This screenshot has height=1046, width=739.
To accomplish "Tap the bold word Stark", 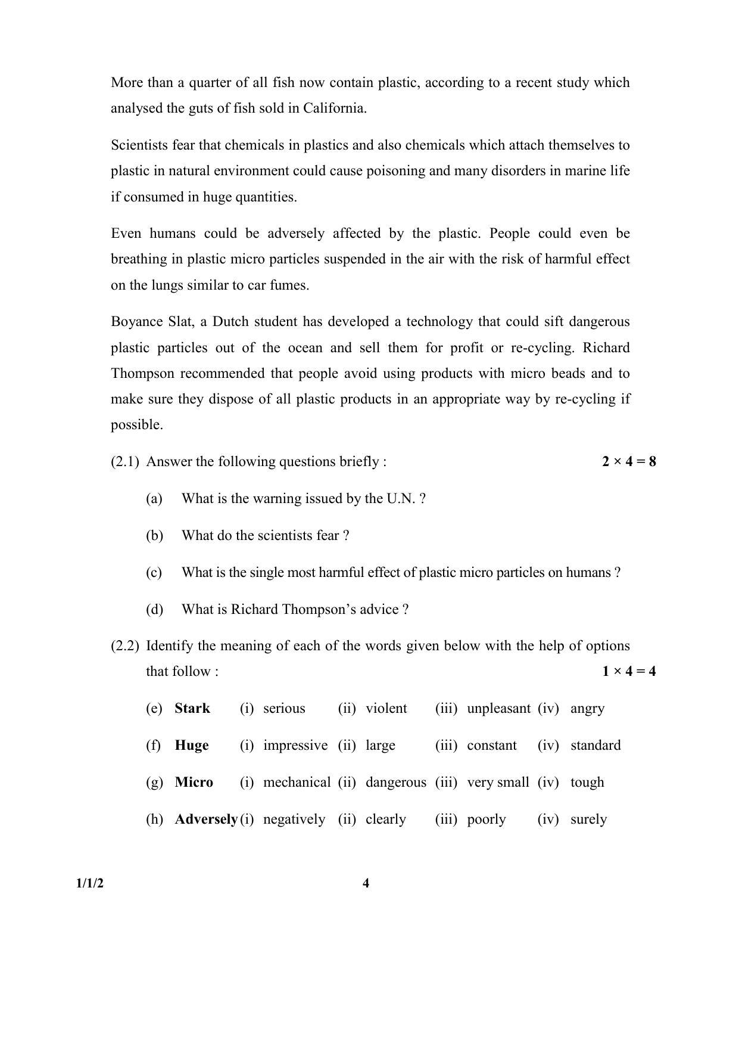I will pos(192,708).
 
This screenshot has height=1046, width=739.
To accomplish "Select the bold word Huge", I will pos(192,745).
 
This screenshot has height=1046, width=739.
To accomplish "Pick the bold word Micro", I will pos(194,782).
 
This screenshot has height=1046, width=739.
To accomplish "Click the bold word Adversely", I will pos(206,819).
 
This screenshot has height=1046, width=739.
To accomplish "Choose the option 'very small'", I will pos(498,782).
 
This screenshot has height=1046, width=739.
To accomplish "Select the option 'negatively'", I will pos(294,819).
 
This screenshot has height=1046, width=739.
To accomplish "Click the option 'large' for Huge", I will pos(381,745).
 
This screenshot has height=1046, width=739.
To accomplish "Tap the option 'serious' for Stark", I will pos(284,708).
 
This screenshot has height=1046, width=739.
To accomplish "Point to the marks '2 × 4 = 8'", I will pos(628,461).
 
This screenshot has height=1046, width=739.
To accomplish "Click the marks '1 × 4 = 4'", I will pos(628,671).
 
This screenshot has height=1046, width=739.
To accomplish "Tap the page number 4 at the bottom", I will pos(366,883).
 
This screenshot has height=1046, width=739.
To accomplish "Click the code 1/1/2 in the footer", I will pos(89,883).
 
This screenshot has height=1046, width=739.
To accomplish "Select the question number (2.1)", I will pos(125,461).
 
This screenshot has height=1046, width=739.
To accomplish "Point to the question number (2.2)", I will pos(125,645).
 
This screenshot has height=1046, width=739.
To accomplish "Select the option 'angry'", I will pos(587,708).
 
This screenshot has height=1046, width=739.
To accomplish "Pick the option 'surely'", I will pos(588,819).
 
